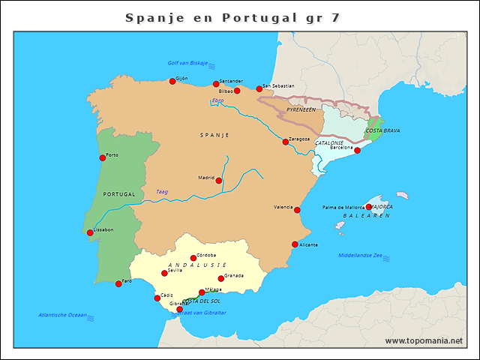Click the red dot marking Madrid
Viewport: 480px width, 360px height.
(x=219, y=181)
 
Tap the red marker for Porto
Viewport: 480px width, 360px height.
(x=103, y=157)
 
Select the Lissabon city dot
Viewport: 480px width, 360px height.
(x=91, y=232)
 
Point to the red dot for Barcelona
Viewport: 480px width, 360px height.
(x=357, y=151)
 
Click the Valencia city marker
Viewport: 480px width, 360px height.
(x=297, y=210)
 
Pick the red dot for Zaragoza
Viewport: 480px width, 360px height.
(x=285, y=142)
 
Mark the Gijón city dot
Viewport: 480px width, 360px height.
(x=172, y=81)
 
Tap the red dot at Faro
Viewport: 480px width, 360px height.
(x=118, y=283)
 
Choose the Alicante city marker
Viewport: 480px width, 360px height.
(x=295, y=244)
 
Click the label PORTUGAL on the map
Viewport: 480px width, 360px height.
(x=119, y=193)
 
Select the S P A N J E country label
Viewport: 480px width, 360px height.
(x=214, y=135)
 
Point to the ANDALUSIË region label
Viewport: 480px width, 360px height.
(x=197, y=265)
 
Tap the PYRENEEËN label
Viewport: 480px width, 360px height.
(x=301, y=109)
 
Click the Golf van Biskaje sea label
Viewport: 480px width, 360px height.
(x=187, y=64)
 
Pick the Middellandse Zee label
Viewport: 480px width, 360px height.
(x=360, y=256)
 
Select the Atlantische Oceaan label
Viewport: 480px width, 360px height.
(x=63, y=315)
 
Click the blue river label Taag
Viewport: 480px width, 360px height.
(x=162, y=192)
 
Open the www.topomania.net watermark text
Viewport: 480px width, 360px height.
(x=424, y=340)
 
